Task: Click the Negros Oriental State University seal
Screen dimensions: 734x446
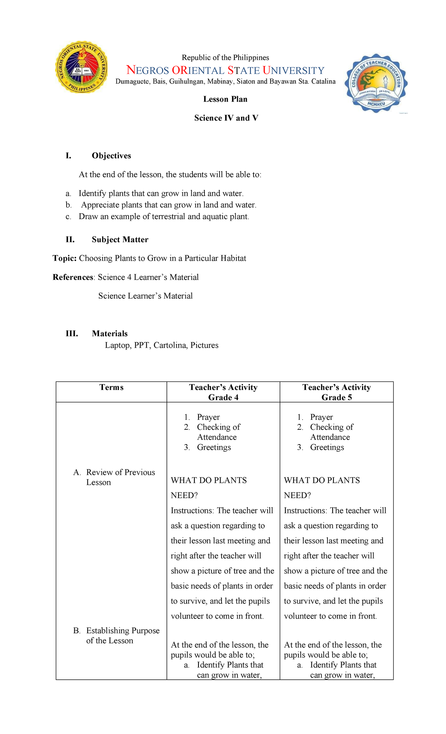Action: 81,67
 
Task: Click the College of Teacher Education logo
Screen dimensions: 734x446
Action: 376,83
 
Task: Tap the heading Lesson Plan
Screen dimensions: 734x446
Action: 225,99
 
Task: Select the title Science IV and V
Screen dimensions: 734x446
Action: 226,118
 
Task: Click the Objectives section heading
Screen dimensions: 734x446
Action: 111,156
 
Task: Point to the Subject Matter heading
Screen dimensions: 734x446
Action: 120,240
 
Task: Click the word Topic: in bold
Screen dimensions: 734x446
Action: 65,259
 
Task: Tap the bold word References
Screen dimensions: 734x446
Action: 73,277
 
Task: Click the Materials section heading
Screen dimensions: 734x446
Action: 110,334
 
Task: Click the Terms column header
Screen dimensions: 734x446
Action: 111,387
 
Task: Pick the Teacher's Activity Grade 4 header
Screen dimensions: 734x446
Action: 223,392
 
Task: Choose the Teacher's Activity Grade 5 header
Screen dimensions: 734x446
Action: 336,392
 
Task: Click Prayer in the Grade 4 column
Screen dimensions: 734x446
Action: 208,417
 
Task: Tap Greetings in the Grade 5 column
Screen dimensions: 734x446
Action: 327,447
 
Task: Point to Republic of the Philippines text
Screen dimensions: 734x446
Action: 225,58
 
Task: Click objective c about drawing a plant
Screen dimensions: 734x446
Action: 164,217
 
